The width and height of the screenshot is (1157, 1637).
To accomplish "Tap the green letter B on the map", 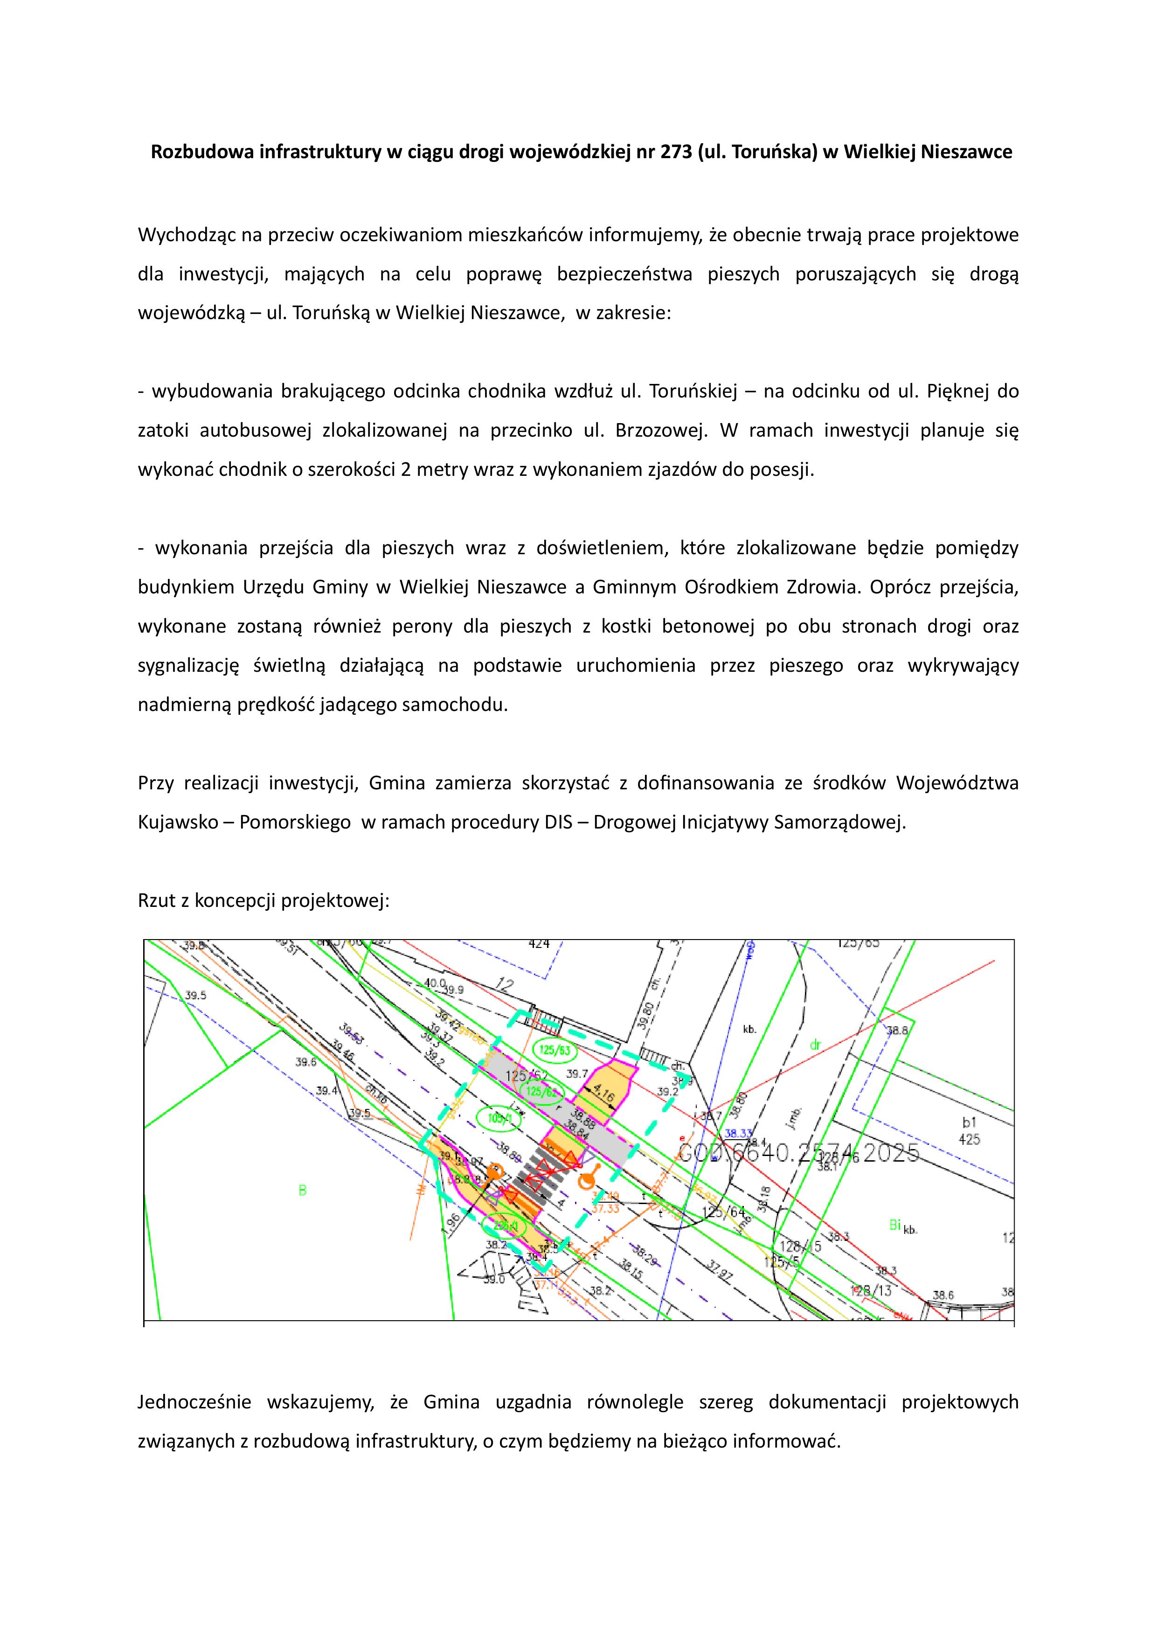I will (x=302, y=1190).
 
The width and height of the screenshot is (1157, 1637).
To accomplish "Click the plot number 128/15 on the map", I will (x=801, y=1246).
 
